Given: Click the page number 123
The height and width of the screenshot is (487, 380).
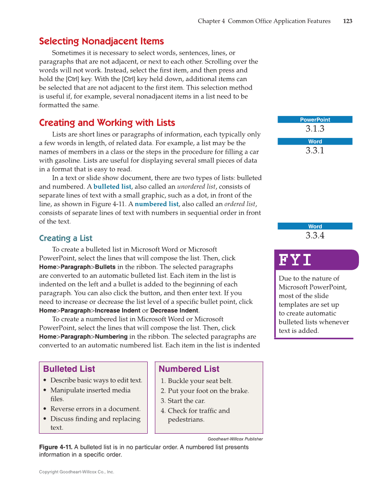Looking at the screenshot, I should [347, 21].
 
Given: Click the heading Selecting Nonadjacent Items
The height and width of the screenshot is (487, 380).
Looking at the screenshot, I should [101, 41].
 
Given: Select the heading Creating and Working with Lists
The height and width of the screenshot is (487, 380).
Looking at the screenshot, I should [107, 123].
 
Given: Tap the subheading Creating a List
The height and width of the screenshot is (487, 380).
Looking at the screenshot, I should [66, 238].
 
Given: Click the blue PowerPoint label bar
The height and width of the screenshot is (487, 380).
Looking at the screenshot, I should [315, 120].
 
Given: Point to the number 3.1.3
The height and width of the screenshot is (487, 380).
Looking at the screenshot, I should [315, 129].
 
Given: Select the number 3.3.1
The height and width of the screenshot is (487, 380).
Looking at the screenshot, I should [315, 151].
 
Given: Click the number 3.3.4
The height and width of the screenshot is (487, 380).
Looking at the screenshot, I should [315, 236].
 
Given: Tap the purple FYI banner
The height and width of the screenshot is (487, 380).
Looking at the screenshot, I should [316, 260].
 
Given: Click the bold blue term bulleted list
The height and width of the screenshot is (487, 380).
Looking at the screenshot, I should [112, 187].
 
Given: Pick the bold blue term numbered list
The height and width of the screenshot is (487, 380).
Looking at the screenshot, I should [157, 204].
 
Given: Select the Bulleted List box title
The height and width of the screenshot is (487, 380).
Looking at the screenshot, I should [69, 369].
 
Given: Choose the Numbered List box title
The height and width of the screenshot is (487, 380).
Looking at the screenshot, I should [189, 369].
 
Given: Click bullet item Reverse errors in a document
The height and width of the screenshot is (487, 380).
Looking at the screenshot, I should [95, 409].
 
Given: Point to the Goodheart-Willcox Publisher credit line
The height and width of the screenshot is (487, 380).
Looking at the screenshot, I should [235, 439].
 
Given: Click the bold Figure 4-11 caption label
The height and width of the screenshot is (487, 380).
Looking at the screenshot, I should [56, 447].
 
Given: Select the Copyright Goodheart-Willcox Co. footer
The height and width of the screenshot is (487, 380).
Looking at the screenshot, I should [77, 472].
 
